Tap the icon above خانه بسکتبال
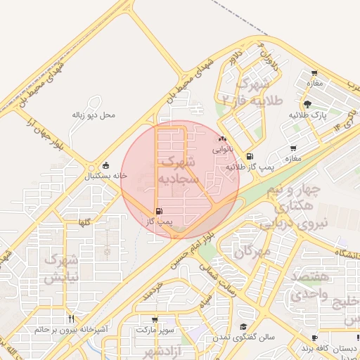(105, 165)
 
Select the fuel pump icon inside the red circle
(158, 211)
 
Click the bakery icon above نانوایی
(222, 139)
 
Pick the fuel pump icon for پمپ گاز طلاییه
(250, 157)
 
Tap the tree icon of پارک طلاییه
(307, 104)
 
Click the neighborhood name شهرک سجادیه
(179, 170)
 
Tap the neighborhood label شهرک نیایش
(59, 269)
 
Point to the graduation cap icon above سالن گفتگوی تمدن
(243, 326)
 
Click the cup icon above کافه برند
(314, 337)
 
